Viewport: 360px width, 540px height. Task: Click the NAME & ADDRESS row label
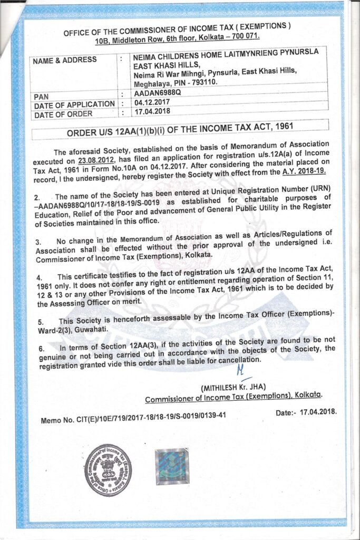65,60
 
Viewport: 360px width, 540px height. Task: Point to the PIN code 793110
203,82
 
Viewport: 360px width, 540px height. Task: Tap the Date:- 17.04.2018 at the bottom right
306,411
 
